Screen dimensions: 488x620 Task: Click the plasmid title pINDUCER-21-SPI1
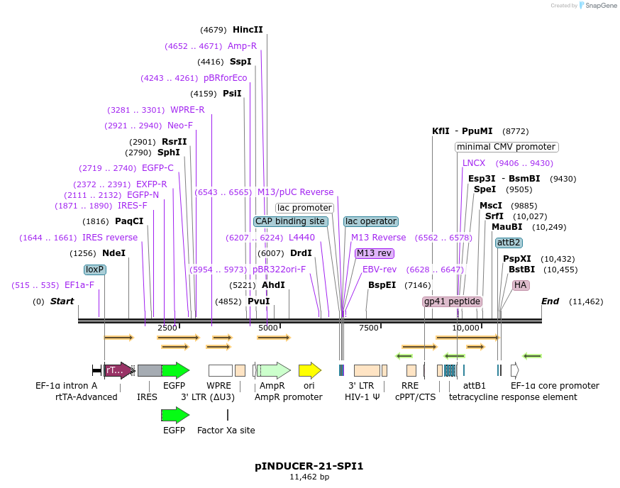pyautogui.click(x=309, y=466)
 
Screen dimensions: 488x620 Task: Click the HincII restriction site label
pyautogui.click(x=248, y=30)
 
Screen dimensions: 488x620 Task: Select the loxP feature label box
pyautogui.click(x=94, y=270)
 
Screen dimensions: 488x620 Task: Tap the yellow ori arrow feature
pyautogui.click(x=309, y=370)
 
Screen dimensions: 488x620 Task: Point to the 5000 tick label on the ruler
pyautogui.click(x=268, y=328)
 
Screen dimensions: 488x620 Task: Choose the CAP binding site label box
pyautogui.click(x=291, y=221)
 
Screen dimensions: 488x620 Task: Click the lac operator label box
pyautogui.click(x=370, y=221)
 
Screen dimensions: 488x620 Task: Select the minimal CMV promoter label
pyautogui.click(x=506, y=147)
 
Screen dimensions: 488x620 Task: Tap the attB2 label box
pyautogui.click(x=509, y=243)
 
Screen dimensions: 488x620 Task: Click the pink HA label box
pyautogui.click(x=521, y=285)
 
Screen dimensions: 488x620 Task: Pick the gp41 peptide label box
pyautogui.click(x=452, y=301)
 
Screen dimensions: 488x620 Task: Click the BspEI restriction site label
pyautogui.click(x=382, y=285)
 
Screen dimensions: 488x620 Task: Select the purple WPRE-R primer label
pyautogui.click(x=187, y=110)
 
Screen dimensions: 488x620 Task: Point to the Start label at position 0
pyautogui.click(x=62, y=301)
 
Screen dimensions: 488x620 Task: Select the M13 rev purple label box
pyautogui.click(x=375, y=253)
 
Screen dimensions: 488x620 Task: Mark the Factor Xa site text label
pyautogui.click(x=226, y=430)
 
